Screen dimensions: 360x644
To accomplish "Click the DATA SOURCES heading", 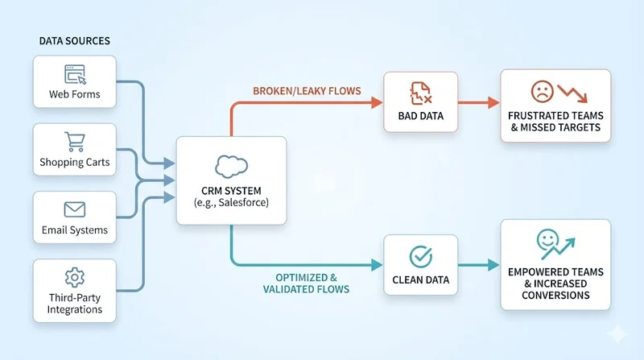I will click(x=75, y=40).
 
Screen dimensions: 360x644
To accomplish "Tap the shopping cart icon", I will click(x=75, y=143).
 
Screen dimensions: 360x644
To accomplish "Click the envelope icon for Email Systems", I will click(x=75, y=210).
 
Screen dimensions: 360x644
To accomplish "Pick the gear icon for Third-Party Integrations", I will click(x=75, y=279).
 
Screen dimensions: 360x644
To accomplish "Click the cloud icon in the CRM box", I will click(x=231, y=166).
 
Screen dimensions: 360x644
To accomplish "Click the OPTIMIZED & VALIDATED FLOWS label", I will click(x=307, y=283).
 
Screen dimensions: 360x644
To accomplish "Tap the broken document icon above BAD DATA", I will click(x=420, y=93).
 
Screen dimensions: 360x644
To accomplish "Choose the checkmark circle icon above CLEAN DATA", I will click(x=420, y=256).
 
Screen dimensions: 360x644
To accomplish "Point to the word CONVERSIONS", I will click(x=555, y=295).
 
